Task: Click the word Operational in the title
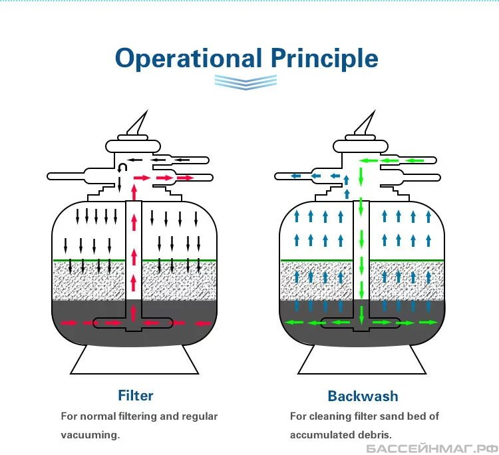click(x=188, y=59)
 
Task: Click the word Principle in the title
click(x=325, y=59)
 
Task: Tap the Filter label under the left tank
click(x=136, y=396)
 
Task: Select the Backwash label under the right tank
click(x=363, y=396)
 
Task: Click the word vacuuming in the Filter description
click(x=90, y=434)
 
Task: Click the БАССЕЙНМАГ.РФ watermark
click(x=432, y=448)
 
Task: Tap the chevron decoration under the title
click(x=246, y=82)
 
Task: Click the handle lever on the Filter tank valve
click(x=138, y=123)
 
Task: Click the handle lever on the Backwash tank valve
click(x=366, y=123)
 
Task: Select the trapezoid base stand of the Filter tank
click(x=134, y=360)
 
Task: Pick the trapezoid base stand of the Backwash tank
click(x=362, y=360)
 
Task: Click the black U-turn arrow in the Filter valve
click(x=122, y=168)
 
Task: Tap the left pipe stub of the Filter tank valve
click(x=66, y=176)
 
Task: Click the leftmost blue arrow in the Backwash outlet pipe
click(x=296, y=176)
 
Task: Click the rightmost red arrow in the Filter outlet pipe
click(x=185, y=178)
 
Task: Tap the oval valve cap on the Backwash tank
click(x=361, y=146)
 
